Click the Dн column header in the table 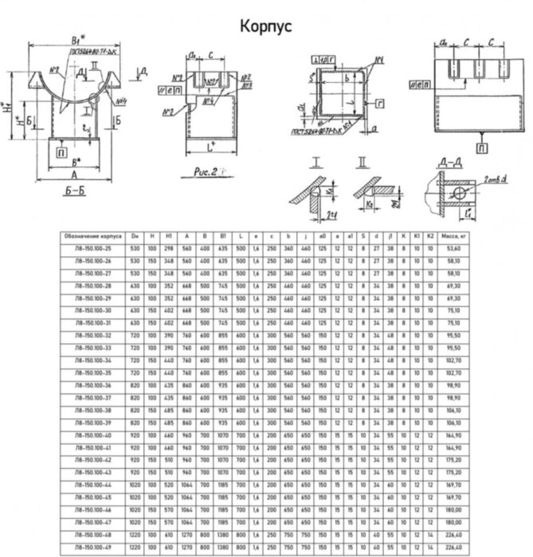click(136, 236)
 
